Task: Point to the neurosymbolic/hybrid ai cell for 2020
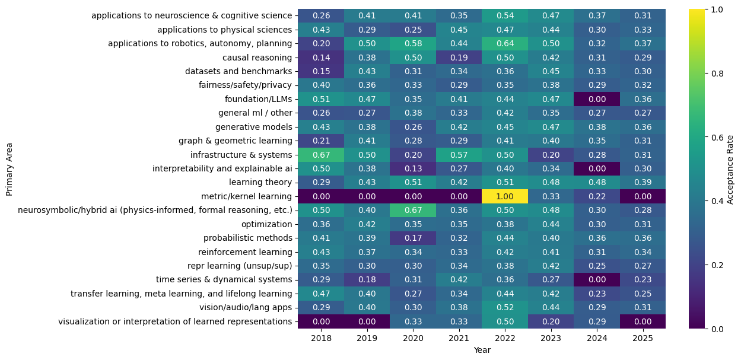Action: point(412,210)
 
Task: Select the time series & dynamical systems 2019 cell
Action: point(366,280)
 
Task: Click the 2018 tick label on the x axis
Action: point(320,338)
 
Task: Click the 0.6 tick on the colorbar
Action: point(717,136)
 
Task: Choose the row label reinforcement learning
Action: point(248,252)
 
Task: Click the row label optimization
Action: point(266,224)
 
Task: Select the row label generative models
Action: point(254,126)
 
